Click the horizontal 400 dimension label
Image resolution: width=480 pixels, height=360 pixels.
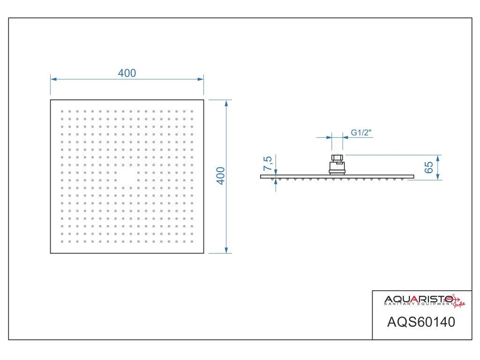pyautogui.click(x=127, y=73)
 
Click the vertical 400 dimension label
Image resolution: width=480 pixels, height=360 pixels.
pyautogui.click(x=221, y=176)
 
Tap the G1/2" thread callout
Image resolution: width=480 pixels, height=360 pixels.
pyautogui.click(x=361, y=133)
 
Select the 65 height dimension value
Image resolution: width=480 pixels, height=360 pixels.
pyautogui.click(x=428, y=167)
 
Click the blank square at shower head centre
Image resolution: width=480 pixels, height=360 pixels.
pyautogui.click(x=127, y=176)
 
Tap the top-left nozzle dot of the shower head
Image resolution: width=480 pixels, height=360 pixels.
pyautogui.click(x=62, y=111)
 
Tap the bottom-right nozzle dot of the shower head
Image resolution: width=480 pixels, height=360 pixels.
pyautogui.click(x=192, y=241)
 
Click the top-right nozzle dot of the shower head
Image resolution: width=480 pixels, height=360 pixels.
pyautogui.click(x=192, y=111)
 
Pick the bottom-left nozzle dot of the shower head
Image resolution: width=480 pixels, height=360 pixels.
pyautogui.click(x=62, y=241)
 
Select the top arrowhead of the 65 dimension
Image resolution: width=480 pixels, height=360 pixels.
pyautogui.click(x=437, y=157)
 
